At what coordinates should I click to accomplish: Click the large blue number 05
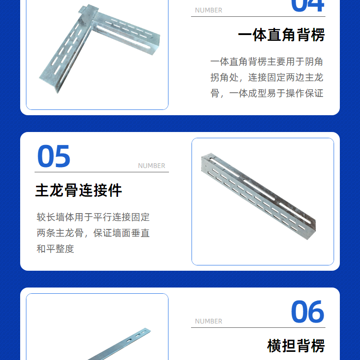tap(54, 156)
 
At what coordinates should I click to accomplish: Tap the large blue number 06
tap(307, 312)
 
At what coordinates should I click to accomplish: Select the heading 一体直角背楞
tap(281, 35)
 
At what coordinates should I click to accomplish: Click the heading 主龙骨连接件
tap(79, 190)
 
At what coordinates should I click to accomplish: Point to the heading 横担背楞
tap(296, 346)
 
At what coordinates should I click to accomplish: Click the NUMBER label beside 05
tap(152, 166)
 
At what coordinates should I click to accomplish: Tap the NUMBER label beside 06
tap(208, 321)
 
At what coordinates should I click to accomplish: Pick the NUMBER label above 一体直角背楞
tap(208, 11)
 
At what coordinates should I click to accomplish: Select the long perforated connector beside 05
tap(259, 196)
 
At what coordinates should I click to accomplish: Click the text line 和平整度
tap(55, 249)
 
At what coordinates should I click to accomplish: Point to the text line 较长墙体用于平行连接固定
tap(93, 217)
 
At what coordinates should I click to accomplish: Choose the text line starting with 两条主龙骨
tap(93, 233)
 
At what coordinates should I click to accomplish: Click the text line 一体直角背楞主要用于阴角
tap(267, 62)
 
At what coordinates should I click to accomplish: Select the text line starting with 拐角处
tap(267, 78)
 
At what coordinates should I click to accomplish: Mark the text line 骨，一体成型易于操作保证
tap(267, 94)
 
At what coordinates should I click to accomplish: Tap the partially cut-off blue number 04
tap(307, 6)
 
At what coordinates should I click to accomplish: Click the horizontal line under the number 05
tap(102, 172)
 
